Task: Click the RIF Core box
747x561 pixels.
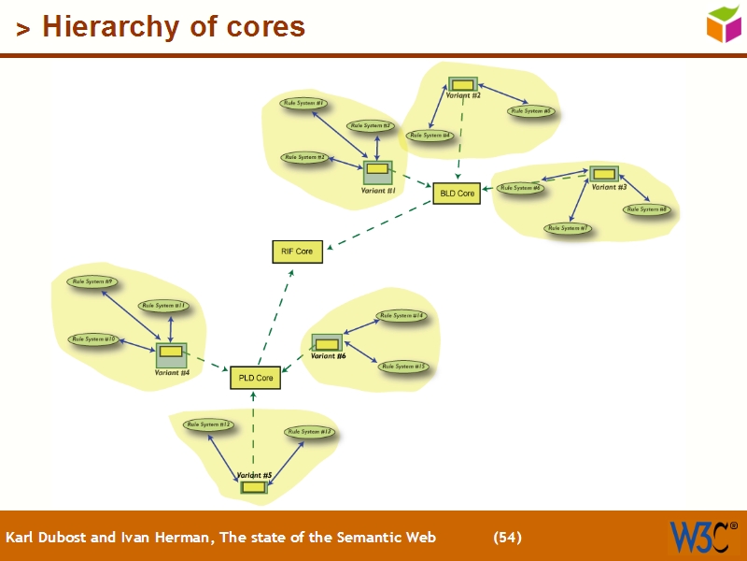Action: (297, 252)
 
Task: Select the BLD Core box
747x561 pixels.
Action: (457, 194)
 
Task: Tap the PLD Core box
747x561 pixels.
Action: (255, 378)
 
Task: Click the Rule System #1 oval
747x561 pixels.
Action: (303, 103)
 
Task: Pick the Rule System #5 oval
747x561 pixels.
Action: (531, 111)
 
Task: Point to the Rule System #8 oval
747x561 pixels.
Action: (646, 209)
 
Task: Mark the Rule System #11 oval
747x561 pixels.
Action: (164, 306)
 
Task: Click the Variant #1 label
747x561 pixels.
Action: (378, 191)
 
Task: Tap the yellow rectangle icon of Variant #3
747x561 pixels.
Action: (603, 173)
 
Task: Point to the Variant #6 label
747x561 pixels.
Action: (329, 356)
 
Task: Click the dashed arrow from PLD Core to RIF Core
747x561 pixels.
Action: (275, 319)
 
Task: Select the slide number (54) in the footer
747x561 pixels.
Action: (507, 538)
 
